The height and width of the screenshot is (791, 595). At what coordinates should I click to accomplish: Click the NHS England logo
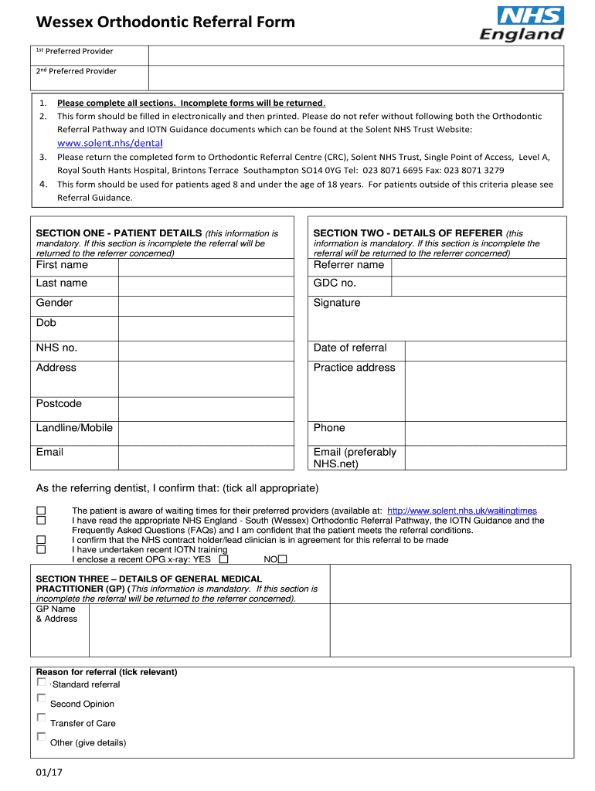point(522,25)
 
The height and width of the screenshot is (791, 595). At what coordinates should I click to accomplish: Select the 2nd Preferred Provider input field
point(355,77)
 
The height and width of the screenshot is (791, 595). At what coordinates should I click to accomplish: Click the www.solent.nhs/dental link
point(110,143)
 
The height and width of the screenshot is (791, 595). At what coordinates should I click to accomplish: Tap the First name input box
point(206,266)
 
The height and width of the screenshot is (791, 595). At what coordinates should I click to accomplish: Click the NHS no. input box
point(206,350)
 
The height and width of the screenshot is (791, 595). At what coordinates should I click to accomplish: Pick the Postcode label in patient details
point(59,404)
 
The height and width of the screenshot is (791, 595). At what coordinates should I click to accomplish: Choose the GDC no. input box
point(478,285)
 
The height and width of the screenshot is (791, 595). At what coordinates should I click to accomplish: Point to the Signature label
point(337,304)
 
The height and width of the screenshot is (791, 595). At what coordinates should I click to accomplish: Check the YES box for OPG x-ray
point(223,559)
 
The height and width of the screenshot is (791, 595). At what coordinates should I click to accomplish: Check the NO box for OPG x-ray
point(282,559)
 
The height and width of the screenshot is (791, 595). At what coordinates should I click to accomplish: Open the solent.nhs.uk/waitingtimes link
point(461,511)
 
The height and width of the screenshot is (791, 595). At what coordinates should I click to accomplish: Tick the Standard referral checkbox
point(41,683)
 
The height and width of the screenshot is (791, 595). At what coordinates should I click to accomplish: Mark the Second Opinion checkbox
point(41,698)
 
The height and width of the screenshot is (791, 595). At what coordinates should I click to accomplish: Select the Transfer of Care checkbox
point(41,718)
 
